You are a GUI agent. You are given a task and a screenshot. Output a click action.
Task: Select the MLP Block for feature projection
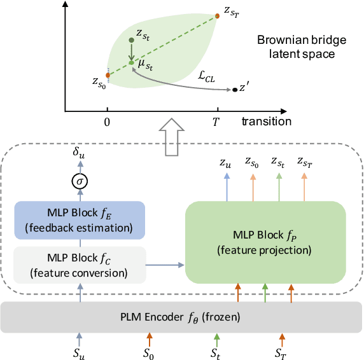tap(265, 242)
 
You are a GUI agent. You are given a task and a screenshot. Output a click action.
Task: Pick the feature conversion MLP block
tap(80, 264)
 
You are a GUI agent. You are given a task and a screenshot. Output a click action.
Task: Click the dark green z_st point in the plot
tap(132, 40)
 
